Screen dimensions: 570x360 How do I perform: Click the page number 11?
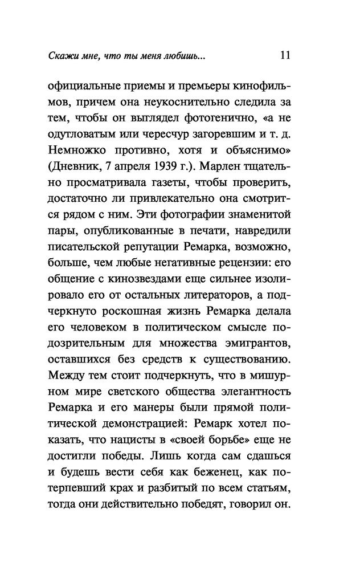click(286, 56)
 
